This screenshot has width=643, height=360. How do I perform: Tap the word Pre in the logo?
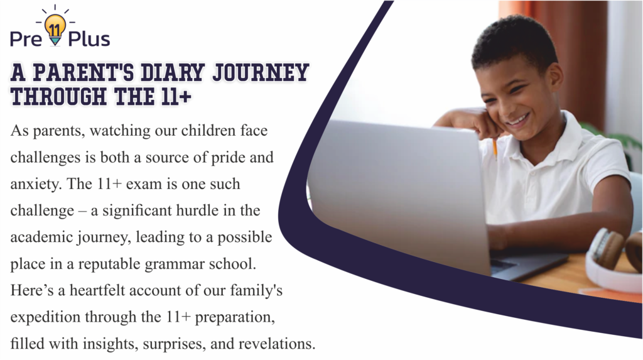pos(26,40)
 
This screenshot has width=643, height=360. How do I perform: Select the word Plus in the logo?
pos(89,39)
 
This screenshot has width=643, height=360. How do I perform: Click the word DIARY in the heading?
pos(172,72)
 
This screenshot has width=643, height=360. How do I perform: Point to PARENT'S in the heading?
pos(84,72)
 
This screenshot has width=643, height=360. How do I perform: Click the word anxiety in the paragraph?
pos(36,185)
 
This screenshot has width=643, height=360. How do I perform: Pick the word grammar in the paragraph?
pos(175,265)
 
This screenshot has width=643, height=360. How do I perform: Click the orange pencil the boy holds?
pos(495,150)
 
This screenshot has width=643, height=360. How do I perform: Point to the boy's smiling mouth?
pos(517,119)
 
